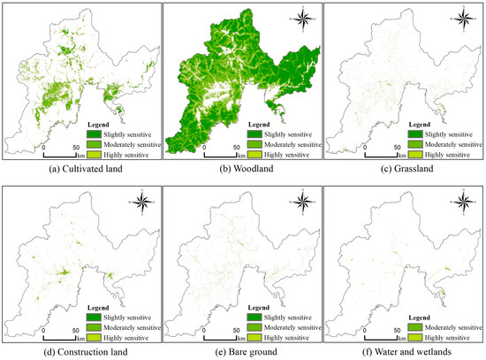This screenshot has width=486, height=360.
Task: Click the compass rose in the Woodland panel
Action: pyautogui.click(x=302, y=17)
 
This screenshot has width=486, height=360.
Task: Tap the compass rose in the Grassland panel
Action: pyautogui.click(x=463, y=17)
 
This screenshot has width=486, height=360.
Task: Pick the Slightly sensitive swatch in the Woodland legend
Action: pyautogui.click(x=257, y=133)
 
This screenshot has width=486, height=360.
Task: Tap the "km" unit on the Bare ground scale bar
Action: pyautogui.click(x=242, y=338)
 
